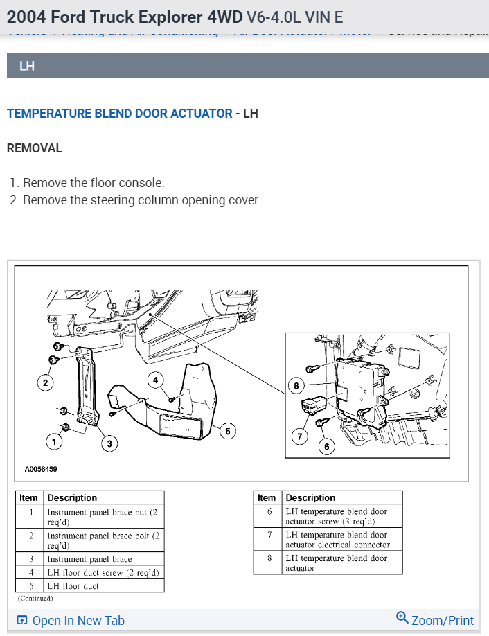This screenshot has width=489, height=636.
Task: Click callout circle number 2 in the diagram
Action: click(46, 382)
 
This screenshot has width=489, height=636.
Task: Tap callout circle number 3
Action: click(108, 443)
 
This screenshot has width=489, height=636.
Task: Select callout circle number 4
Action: click(157, 380)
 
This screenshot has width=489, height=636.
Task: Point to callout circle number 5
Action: click(226, 431)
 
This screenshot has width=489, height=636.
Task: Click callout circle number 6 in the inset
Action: click(327, 447)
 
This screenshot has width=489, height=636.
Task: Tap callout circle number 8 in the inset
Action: click(297, 385)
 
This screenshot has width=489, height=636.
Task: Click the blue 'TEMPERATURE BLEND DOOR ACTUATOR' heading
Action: click(120, 114)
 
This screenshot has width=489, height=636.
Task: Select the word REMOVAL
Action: click(35, 148)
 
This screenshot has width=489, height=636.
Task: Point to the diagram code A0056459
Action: click(41, 469)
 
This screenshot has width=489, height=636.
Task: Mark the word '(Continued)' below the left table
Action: click(35, 598)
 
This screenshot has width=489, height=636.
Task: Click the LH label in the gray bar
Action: click(28, 67)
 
